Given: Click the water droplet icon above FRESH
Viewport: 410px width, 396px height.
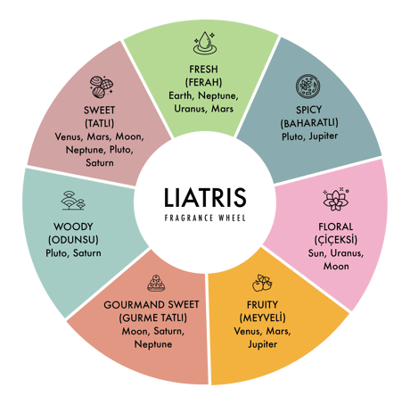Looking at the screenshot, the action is point(204,43).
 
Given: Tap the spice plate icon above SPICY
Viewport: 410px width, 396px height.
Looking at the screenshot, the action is point(308,87).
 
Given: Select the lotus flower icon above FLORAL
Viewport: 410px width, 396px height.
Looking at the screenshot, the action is point(336,199).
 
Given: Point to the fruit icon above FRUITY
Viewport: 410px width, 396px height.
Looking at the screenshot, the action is point(262,283).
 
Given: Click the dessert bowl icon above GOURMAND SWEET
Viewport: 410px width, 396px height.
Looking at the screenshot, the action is point(156,283).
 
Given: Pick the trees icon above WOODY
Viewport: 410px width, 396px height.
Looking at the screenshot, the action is point(73,201).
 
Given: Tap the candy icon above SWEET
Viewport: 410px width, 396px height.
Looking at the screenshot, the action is point(102,87).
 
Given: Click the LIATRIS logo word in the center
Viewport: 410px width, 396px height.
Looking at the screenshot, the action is point(205,197).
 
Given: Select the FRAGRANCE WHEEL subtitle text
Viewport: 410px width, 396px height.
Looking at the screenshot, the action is point(205,218).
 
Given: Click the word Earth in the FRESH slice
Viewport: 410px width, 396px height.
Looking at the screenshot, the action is point(181,95).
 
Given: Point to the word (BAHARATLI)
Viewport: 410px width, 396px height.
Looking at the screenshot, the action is point(309,123).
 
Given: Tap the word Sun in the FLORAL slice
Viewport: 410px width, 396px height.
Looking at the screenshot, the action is point(317,253).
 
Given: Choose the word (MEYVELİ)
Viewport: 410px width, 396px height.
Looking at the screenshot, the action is point(262,318).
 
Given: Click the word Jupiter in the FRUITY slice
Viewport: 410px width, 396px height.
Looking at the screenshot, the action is point(262,344).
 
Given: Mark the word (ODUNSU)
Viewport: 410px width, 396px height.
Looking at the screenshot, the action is point(73,240).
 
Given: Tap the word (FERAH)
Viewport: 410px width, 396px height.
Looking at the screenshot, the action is point(203,82).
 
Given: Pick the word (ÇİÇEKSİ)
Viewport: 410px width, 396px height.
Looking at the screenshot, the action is point(336,240).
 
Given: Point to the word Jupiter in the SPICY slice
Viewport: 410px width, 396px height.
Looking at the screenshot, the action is point(324,136).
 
